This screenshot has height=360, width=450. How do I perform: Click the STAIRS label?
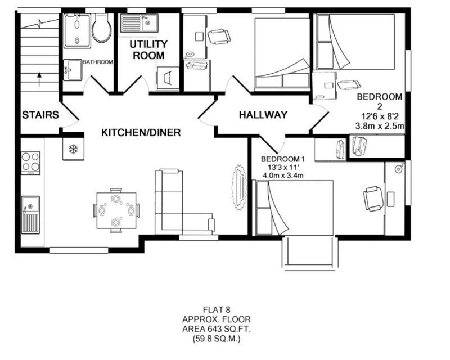tap(40, 115)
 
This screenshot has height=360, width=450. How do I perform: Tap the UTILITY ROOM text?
tap(148, 49)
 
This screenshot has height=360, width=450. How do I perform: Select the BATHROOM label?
tap(98, 62)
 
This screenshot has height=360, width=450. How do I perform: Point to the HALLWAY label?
tap(263, 115)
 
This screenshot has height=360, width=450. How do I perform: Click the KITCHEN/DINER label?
tap(141, 132)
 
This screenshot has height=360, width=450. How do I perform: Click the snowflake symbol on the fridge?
tap(74, 149)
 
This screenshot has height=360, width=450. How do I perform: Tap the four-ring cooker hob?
tap(30, 163)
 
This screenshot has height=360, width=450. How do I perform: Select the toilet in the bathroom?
tap(102, 28)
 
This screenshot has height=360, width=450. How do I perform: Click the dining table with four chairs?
tap(116, 210)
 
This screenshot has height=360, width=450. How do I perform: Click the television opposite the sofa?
tap(240, 188)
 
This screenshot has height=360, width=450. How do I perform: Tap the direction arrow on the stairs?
tap(39, 79)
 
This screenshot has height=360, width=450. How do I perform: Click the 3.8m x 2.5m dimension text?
tap(380, 126)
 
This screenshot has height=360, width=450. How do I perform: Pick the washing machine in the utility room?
tap(168, 78)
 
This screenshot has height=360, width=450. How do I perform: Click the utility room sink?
tap(139, 23)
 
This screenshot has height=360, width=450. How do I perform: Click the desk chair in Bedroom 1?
tap(373, 199)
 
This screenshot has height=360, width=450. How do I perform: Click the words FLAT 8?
tap(217, 310)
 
